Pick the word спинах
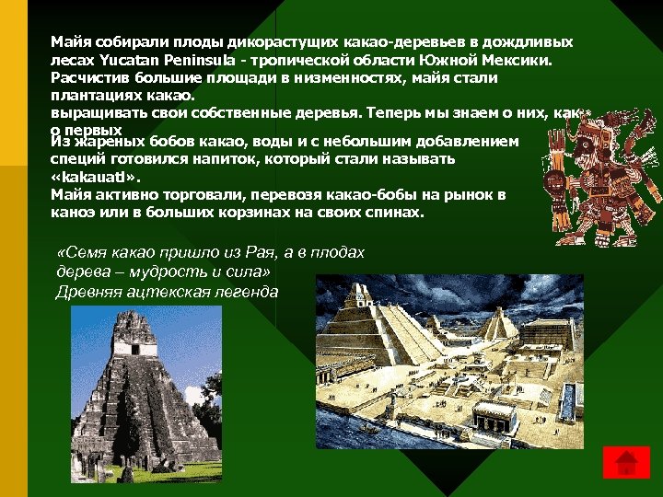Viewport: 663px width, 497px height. coord(394,212)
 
